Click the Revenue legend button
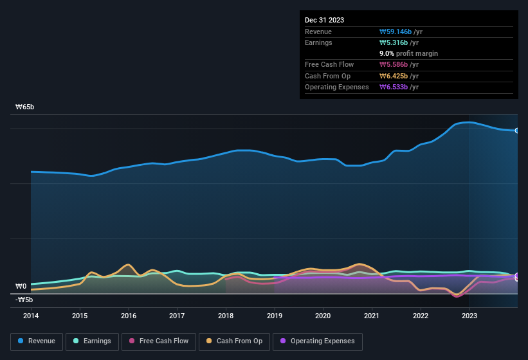(x=37, y=341)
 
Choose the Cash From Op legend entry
(x=235, y=341)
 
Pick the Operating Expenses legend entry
(x=318, y=341)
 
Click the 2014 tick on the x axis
(x=31, y=316)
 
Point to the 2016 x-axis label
(x=129, y=316)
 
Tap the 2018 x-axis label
(x=226, y=316)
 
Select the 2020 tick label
(x=323, y=316)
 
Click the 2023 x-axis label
(x=469, y=316)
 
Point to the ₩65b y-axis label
(x=25, y=107)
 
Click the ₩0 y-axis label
(x=21, y=287)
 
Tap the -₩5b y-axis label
(x=24, y=300)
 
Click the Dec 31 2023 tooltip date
(x=325, y=20)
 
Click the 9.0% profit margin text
(x=409, y=53)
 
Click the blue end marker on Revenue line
(x=517, y=130)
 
